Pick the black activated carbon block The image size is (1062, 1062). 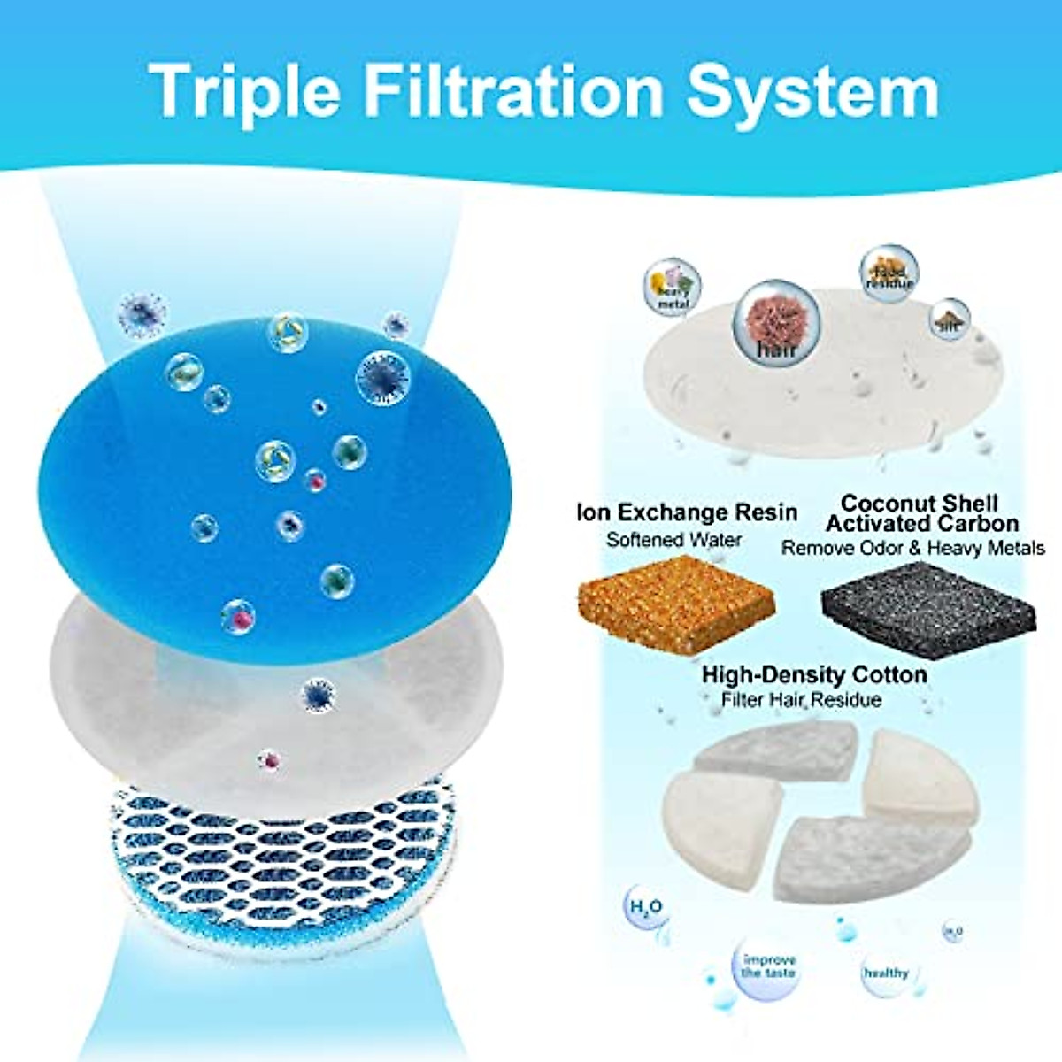(929, 602)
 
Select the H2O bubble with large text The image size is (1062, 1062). (645, 908)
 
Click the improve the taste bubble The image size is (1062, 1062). (768, 966)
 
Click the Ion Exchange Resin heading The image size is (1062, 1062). (688, 512)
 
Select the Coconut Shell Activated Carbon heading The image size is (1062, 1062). (920, 513)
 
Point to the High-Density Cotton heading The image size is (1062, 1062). (814, 674)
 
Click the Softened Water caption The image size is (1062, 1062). (673, 539)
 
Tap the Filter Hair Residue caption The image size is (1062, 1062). (801, 700)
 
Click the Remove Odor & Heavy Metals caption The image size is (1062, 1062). (912, 549)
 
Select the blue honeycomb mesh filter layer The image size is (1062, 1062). (283, 850)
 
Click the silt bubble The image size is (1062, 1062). (950, 319)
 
